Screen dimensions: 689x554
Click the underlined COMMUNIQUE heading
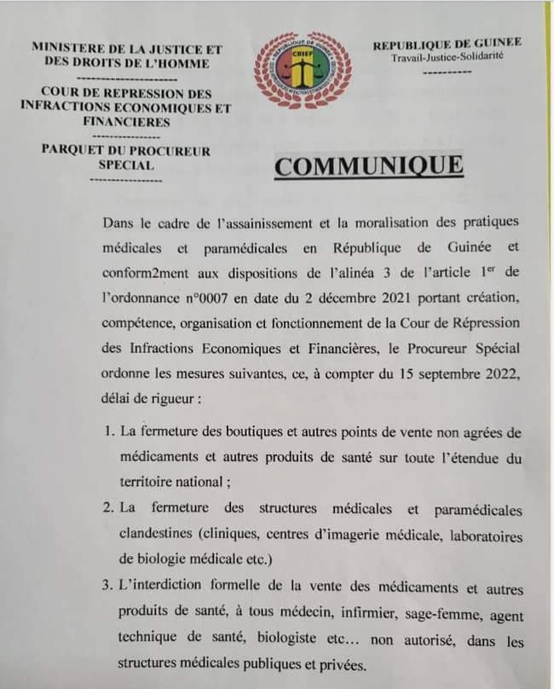coord(368,165)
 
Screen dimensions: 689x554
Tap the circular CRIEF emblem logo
coord(304,69)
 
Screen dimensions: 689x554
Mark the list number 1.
coord(108,433)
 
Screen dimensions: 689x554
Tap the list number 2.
coord(108,508)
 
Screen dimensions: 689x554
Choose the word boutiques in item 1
coord(250,433)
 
